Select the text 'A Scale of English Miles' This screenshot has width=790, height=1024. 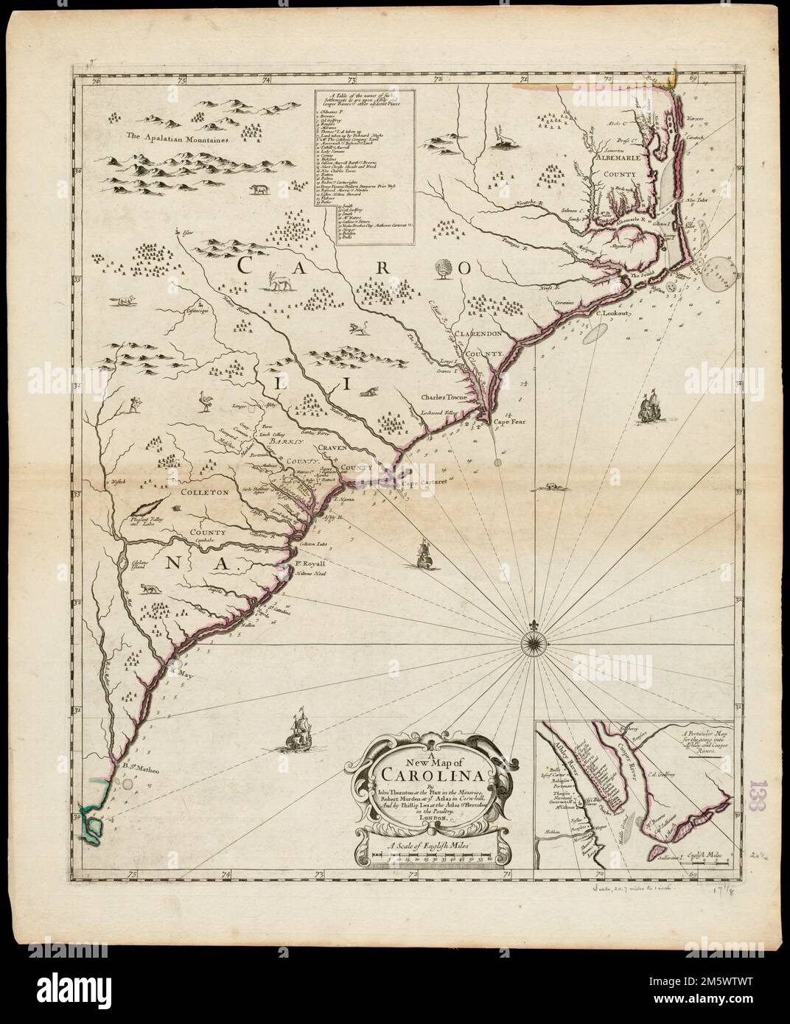click(431, 846)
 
